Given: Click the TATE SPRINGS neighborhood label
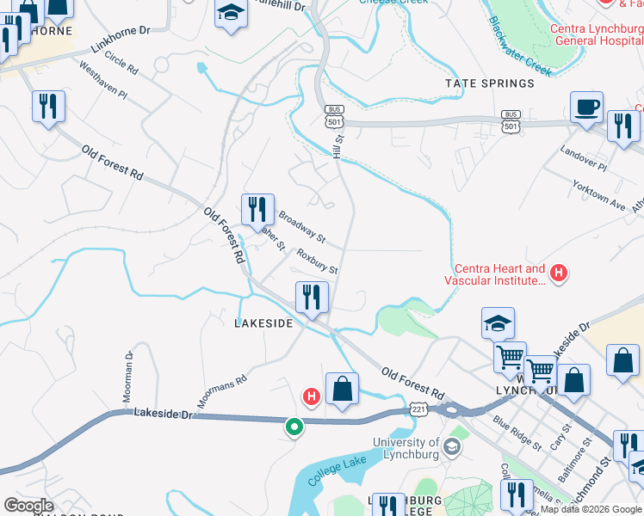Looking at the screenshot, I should pos(489,83).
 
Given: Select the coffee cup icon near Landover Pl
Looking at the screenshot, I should pos(586,107).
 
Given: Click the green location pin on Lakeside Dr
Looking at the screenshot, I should pos(294,426).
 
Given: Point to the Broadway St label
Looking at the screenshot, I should pos(301,225).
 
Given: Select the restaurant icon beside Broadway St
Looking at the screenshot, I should pos(257,209).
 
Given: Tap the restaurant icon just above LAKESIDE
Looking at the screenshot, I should pos(312,298).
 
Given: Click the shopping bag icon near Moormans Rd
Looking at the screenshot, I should pos(342,388).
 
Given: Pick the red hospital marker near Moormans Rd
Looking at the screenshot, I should pos(311,396).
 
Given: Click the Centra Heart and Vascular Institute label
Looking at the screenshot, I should pos(495,274).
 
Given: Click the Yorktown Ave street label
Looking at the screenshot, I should pos(599,196).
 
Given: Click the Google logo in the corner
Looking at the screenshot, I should pos(28,506).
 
